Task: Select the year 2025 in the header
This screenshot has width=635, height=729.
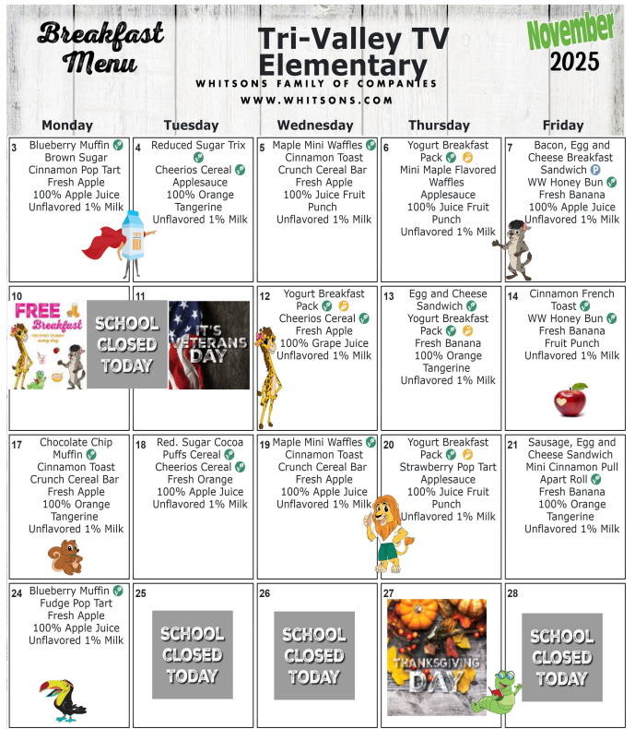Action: click(x=574, y=62)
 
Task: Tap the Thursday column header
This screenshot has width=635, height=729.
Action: click(x=439, y=125)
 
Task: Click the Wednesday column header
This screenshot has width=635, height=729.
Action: click(x=314, y=125)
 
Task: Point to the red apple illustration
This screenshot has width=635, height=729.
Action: click(x=570, y=400)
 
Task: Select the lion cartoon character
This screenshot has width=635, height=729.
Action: click(x=386, y=531)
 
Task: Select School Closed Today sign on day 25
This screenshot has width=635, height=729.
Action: click(x=192, y=654)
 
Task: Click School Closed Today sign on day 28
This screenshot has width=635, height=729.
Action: click(x=561, y=656)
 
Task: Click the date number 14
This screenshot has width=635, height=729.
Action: click(x=512, y=296)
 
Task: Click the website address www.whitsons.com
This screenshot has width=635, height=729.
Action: click(x=316, y=100)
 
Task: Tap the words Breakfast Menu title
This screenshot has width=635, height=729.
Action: click(x=100, y=48)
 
